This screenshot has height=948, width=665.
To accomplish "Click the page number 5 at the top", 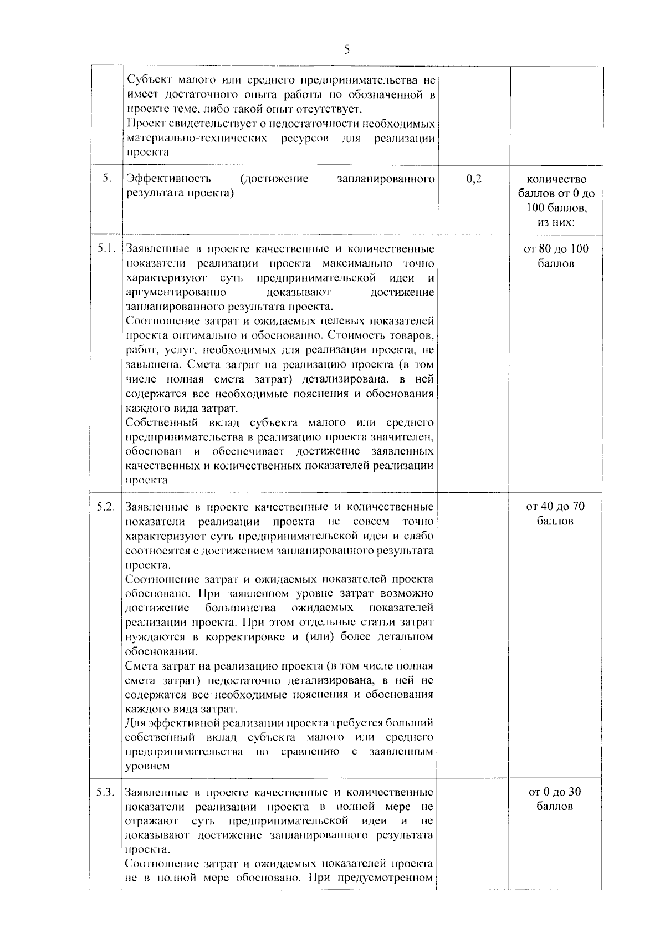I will pos(347,50).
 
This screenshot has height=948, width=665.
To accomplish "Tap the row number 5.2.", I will pos(105,506).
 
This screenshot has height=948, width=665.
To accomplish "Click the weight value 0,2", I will pos(474,179).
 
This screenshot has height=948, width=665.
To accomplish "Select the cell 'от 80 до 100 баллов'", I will pos(556,256).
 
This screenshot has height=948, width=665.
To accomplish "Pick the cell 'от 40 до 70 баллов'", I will pos(555,513).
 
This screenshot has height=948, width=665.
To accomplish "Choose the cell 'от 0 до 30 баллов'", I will pos(555,799).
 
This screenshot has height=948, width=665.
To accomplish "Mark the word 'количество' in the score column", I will pos(556,179).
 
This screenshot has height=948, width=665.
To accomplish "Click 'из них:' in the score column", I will pos(556,222).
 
